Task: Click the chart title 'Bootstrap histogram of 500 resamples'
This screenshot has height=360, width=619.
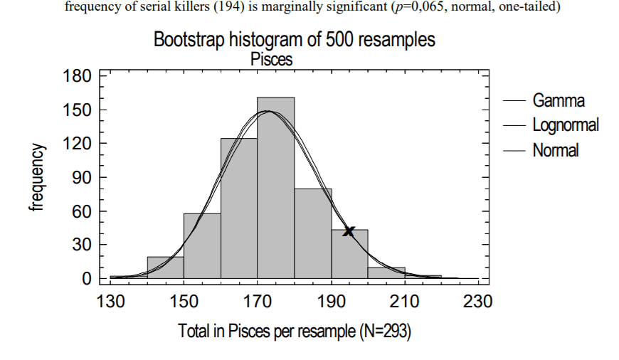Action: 294,40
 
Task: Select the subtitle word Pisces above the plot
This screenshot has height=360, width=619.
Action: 272,60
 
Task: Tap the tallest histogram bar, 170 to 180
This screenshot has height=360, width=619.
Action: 275,188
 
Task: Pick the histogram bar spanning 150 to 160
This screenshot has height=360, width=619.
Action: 202,245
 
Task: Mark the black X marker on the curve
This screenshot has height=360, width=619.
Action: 349,231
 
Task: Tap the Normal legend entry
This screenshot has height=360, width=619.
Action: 556,150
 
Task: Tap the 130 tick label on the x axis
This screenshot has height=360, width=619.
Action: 110,301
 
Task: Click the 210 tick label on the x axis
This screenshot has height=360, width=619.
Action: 404,301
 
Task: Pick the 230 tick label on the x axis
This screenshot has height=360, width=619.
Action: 477,301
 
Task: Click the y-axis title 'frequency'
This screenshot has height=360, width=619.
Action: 37,177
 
